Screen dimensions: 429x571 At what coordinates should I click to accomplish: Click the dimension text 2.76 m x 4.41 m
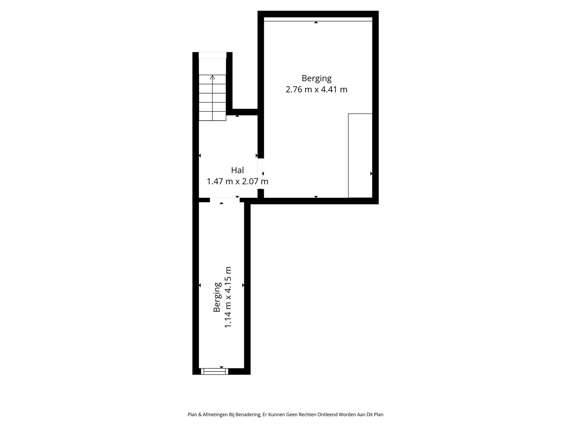tap(316, 90)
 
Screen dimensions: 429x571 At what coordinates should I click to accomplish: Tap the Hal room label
tap(237, 170)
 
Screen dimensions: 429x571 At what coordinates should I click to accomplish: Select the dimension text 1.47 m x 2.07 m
tap(237, 181)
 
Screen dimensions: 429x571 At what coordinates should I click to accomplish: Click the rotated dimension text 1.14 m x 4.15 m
tap(228, 297)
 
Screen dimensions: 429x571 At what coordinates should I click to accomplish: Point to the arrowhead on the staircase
tap(212, 77)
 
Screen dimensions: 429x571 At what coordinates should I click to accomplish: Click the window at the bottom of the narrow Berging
tap(214, 372)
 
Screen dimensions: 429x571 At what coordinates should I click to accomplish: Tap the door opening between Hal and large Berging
tap(260, 174)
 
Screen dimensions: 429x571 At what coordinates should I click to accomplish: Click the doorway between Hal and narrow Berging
tap(225, 200)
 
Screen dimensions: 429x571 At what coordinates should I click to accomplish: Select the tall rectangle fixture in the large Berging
tap(360, 156)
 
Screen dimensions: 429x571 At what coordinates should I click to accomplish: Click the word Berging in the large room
tap(316, 78)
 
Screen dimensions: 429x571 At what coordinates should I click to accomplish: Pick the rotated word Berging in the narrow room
tap(217, 297)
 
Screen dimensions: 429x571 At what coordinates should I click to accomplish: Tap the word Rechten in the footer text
tap(307, 415)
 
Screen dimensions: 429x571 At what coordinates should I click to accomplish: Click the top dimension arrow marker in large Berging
tap(316, 22)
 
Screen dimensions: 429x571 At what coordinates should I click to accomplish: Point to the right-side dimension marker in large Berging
tap(371, 174)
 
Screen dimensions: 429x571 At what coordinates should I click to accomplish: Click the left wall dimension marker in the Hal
tap(200, 156)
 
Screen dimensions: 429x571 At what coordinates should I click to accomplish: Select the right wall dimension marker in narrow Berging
tap(243, 285)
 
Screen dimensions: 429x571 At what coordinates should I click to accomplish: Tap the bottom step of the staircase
tap(212, 116)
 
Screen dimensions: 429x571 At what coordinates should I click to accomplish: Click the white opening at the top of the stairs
tap(212, 55)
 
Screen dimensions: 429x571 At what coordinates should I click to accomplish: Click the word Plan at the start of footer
tap(192, 415)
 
